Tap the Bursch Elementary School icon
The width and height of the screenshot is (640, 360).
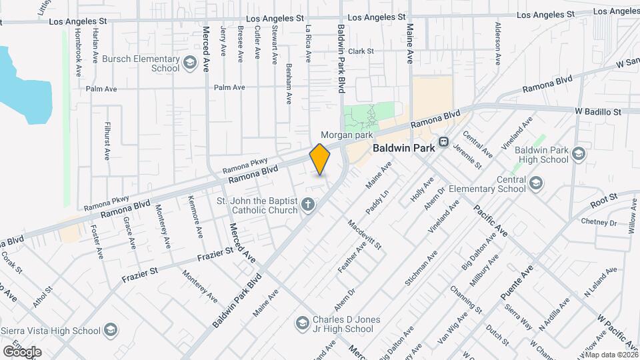pyautogui.click(x=190, y=63)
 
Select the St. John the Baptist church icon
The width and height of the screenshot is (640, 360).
pyautogui.click(x=308, y=205)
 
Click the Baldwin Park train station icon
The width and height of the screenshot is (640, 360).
pyautogui.click(x=443, y=146)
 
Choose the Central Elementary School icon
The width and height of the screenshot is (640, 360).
pyautogui.click(x=535, y=183)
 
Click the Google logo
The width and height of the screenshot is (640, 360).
pyautogui.click(x=21, y=351)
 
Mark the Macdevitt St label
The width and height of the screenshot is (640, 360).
pyautogui.click(x=365, y=234)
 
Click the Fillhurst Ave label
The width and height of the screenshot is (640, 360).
pyautogui.click(x=107, y=141)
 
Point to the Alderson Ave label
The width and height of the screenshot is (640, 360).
pyautogui.click(x=497, y=43)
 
